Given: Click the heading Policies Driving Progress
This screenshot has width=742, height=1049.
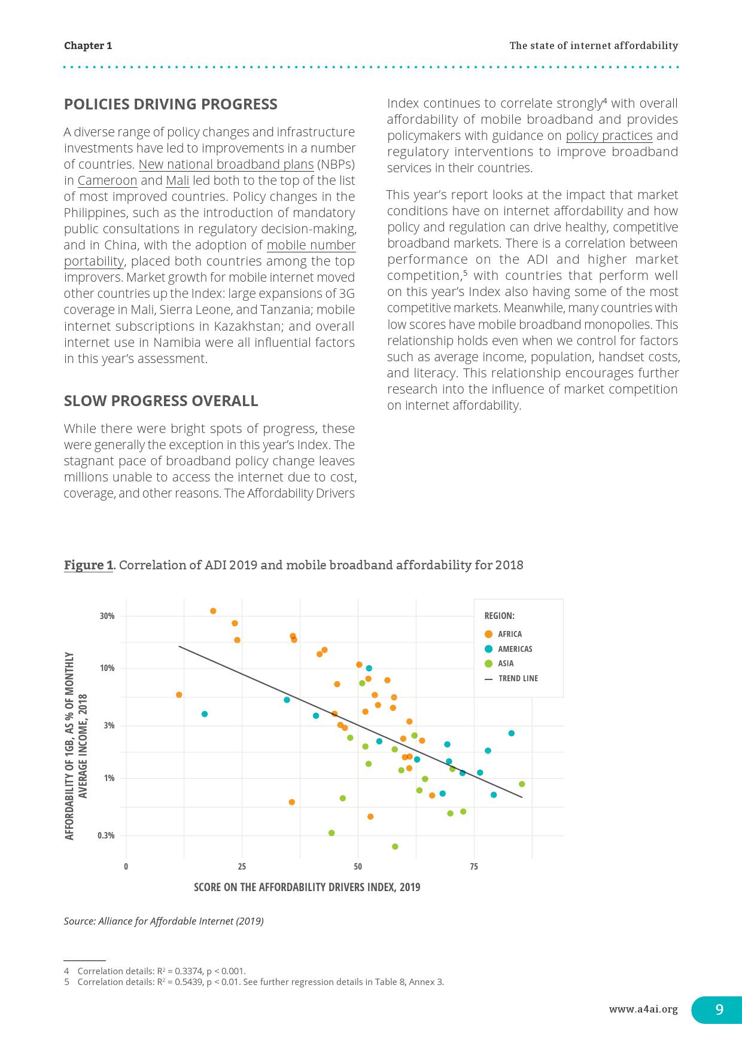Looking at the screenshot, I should pos(171,104).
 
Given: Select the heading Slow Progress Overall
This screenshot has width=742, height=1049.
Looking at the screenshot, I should pos(161,401).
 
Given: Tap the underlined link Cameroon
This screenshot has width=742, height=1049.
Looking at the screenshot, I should pos(107,181).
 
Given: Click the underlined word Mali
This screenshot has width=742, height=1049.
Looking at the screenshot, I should pos(177,181).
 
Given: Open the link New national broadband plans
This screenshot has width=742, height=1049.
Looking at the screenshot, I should pos(226,164).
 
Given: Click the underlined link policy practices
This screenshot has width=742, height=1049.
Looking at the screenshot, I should pos(609,136).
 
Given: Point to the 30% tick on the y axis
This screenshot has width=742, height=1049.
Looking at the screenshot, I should pos(107,616).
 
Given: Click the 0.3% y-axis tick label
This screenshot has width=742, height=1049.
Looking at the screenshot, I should pos(106,835).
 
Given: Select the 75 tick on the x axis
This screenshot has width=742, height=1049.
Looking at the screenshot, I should pos(474,867).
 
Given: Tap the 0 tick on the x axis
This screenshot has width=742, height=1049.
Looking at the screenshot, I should pos(126,867).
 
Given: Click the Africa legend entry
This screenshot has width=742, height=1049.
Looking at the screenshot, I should pos(509,634).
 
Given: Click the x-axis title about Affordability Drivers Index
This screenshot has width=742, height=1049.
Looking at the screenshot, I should pos(307,887).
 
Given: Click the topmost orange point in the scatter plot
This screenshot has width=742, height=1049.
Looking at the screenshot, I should pos(213,611).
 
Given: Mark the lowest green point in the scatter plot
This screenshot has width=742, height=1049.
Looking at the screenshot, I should pos(395,846).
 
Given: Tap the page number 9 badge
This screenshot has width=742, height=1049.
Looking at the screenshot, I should pos(719,1010).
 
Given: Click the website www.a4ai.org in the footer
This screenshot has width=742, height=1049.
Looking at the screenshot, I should pos(643,1010).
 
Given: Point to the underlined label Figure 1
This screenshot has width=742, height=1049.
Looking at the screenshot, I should pos(89,565).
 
